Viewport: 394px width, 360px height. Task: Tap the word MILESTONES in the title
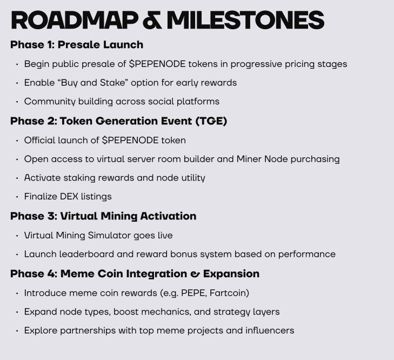coord(245,21)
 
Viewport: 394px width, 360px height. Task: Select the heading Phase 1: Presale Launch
coord(77,45)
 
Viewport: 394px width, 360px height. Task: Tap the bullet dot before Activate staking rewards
coord(17,178)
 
